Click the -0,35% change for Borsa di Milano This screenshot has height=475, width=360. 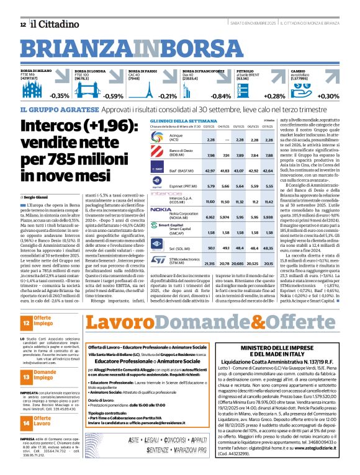click(60, 97)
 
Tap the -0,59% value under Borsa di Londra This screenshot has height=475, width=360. click(113, 97)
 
